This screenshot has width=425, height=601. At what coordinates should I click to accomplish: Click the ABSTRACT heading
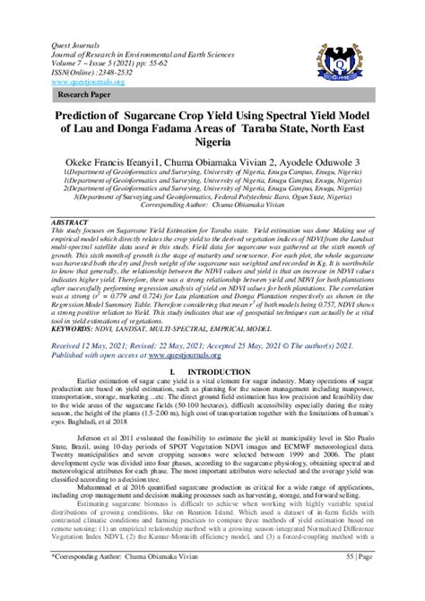pos(70,221)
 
